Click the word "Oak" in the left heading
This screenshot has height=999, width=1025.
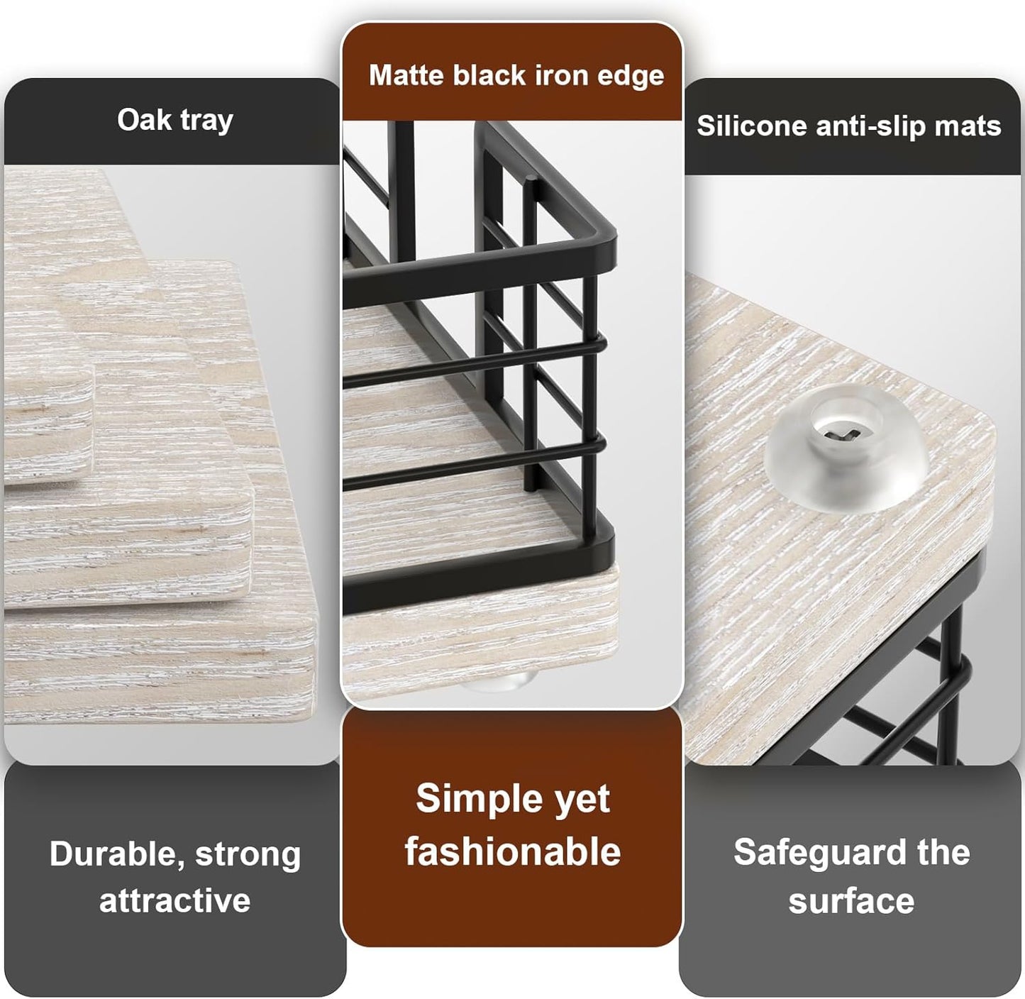click(144, 120)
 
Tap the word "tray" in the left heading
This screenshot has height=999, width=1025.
click(207, 122)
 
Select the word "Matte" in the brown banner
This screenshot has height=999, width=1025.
click(406, 75)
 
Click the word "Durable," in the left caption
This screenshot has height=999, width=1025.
click(118, 854)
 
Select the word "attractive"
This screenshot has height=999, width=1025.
click(175, 900)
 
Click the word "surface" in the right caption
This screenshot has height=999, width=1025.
click(851, 902)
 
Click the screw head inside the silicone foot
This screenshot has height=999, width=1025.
click(844, 435)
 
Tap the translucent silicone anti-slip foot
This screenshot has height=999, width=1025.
click(846, 448)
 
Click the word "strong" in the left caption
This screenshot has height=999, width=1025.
click(248, 855)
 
